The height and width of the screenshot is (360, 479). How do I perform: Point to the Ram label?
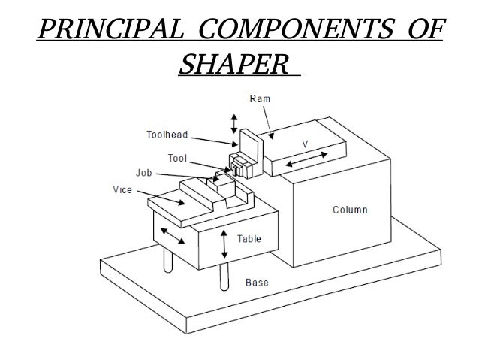pos(260,99)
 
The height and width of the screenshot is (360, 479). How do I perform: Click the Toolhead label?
pos(166,135)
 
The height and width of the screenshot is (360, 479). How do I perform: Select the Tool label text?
pos(177,159)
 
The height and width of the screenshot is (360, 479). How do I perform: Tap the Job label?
pos(144,172)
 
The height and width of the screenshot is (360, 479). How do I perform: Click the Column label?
pos(350,209)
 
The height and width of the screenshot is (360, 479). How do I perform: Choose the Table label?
pos(249,239)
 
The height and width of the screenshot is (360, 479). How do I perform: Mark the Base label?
pos(258,283)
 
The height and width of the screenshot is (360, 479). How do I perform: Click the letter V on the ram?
pos(305,142)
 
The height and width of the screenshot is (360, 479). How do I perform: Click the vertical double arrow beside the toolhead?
pos(234,123)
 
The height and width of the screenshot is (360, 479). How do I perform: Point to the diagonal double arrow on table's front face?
pos(175,237)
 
